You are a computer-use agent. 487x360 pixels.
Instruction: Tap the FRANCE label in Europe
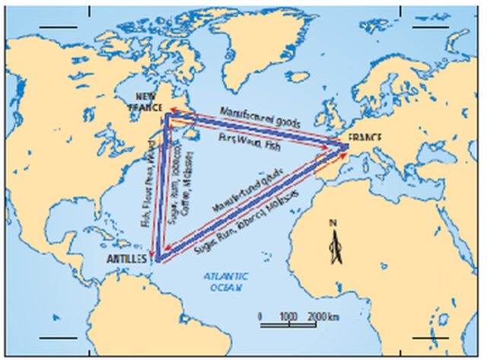[x=364, y=138]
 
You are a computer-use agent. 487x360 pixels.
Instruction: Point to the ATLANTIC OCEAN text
[x=224, y=283]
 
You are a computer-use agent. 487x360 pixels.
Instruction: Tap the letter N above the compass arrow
[x=332, y=223]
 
